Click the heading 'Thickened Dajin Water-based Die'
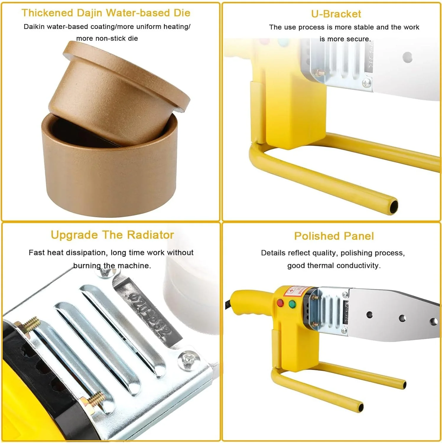click(x=106, y=13)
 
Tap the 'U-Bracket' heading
click(x=336, y=14)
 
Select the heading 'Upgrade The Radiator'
click(x=112, y=235)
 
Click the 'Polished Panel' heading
click(x=334, y=236)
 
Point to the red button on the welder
click(x=280, y=303)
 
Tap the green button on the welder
click(x=292, y=304)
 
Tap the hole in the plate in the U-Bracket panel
click(x=407, y=57)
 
